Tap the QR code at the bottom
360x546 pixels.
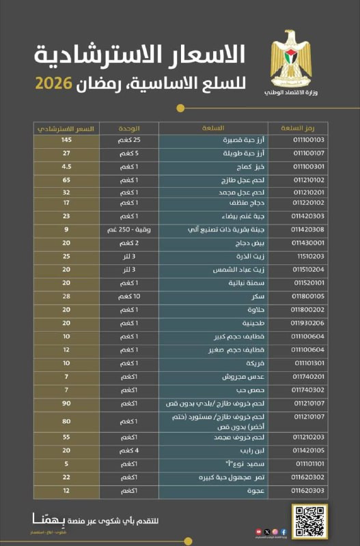pyautogui.click(x=309, y=521)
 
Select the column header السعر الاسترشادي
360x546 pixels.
pyautogui.click(x=66, y=128)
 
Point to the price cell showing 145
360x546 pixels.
pyautogui.click(x=66, y=140)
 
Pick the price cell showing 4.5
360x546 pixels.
pyautogui.click(x=66, y=166)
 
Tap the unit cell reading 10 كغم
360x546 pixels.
pyautogui.click(x=130, y=298)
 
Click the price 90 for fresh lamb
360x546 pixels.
pyautogui.click(x=66, y=403)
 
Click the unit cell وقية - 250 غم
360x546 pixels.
pyautogui.click(x=130, y=230)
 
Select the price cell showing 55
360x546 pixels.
pyautogui.click(x=66, y=437)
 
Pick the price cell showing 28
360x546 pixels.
pyautogui.click(x=66, y=298)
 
